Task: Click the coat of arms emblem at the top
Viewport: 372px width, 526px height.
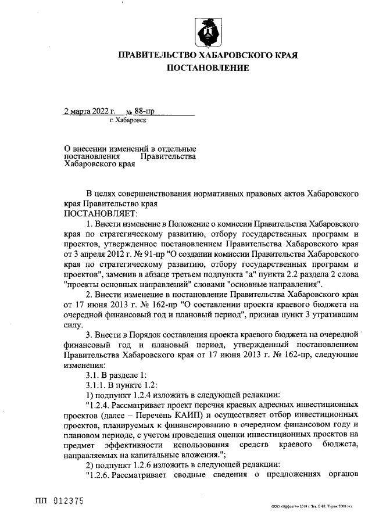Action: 208,31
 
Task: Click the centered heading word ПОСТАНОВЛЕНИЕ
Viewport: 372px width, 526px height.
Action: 208,69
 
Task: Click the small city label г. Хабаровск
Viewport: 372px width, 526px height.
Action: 128,121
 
